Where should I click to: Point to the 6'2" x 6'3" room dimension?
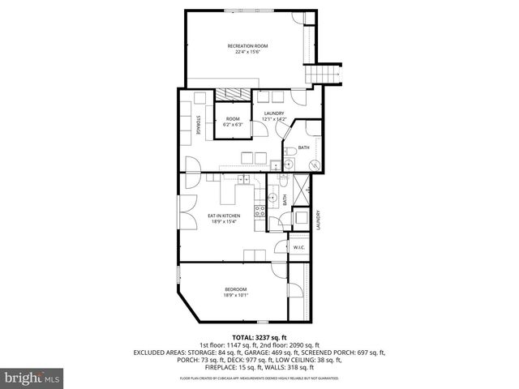[x=233, y=125]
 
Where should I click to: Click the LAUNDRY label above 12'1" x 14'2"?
[x=273, y=113]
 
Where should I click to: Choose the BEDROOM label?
[x=236, y=289]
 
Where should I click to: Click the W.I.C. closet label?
[x=298, y=247]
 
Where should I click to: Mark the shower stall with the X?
[x=300, y=187]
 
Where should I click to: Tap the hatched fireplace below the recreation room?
[x=235, y=93]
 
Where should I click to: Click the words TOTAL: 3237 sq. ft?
[x=259, y=336]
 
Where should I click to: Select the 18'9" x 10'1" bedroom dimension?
[x=236, y=295]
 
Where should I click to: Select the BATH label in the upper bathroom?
[x=303, y=147]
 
